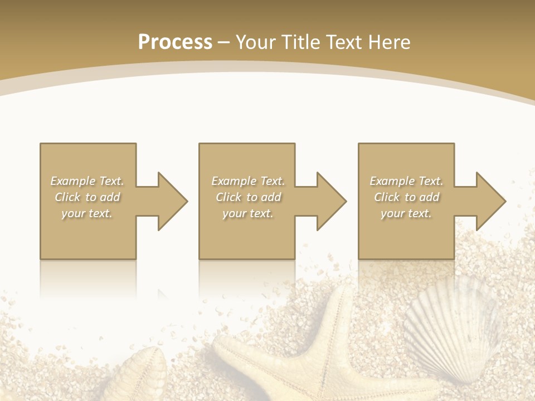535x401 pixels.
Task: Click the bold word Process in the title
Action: [x=175, y=42]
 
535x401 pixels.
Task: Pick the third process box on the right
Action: [x=406, y=234]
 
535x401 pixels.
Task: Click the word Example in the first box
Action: [x=73, y=181]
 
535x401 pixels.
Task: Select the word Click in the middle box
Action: [x=228, y=197]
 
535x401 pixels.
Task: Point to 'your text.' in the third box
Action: [x=406, y=213]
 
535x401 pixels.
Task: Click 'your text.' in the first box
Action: [x=87, y=213]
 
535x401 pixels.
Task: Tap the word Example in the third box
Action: [x=392, y=181]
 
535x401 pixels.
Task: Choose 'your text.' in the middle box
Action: [x=248, y=213]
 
